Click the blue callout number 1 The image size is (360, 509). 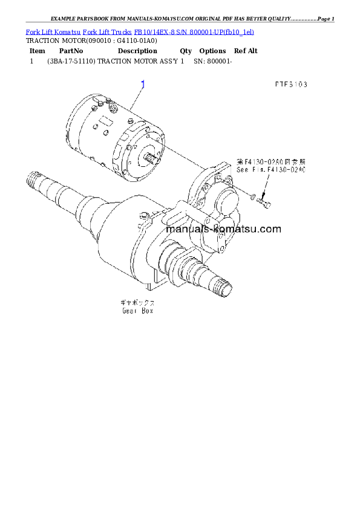[x=143, y=84]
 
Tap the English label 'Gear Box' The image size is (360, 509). [x=137, y=311]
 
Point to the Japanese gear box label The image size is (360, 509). [x=137, y=302]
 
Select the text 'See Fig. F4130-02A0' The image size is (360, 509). [x=271, y=170]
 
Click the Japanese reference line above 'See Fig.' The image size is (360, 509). [x=271, y=162]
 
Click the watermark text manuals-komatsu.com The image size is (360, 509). [x=223, y=229]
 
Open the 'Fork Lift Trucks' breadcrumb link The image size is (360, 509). [x=108, y=31]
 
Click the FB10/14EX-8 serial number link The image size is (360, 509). [x=194, y=31]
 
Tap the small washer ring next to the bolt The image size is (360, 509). [x=253, y=196]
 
